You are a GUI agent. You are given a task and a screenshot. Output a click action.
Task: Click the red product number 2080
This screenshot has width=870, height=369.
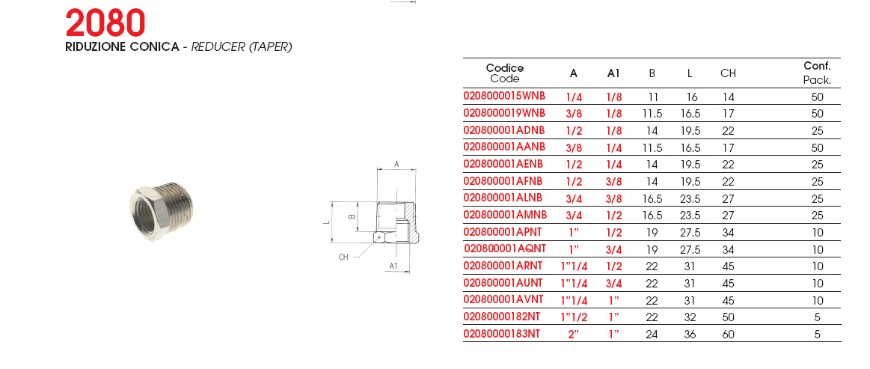tap(105, 23)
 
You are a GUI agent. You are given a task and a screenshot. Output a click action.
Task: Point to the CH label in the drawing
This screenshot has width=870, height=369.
tap(343, 257)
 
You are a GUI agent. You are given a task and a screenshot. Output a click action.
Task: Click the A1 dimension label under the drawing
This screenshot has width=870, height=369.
tap(393, 266)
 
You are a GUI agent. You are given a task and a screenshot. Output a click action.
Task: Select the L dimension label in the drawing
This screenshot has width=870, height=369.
tap(327, 222)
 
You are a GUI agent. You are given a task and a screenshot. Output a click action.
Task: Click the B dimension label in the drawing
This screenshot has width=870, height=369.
tap(351, 216)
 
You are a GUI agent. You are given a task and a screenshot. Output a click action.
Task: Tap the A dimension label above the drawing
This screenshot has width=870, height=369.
tap(396, 164)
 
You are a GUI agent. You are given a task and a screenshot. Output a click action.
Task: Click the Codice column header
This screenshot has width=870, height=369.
tap(505, 67)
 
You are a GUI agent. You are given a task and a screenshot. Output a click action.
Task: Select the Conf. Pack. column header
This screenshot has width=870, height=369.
tap(817, 73)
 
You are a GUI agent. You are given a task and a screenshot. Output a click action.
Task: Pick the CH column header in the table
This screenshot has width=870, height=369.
tap(728, 73)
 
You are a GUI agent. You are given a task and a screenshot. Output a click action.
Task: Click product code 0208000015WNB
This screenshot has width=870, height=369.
tap(504, 96)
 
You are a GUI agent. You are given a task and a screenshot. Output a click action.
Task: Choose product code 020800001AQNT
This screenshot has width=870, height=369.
tap(504, 248)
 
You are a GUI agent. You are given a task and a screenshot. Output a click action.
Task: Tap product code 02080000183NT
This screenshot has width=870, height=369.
tap(501, 334)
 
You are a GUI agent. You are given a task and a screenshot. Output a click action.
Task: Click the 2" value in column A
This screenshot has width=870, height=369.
tap(574, 335)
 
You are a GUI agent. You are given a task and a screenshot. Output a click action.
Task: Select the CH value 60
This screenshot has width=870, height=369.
tap(728, 335)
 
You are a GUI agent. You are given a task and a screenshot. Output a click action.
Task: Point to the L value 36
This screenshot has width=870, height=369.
tap(690, 335)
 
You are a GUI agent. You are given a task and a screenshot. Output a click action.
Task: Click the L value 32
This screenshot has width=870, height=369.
tap(690, 317)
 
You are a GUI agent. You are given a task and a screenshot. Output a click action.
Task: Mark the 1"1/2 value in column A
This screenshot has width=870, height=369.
tap(574, 317)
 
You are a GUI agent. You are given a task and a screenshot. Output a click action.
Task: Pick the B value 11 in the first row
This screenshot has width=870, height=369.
tap(652, 97)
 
